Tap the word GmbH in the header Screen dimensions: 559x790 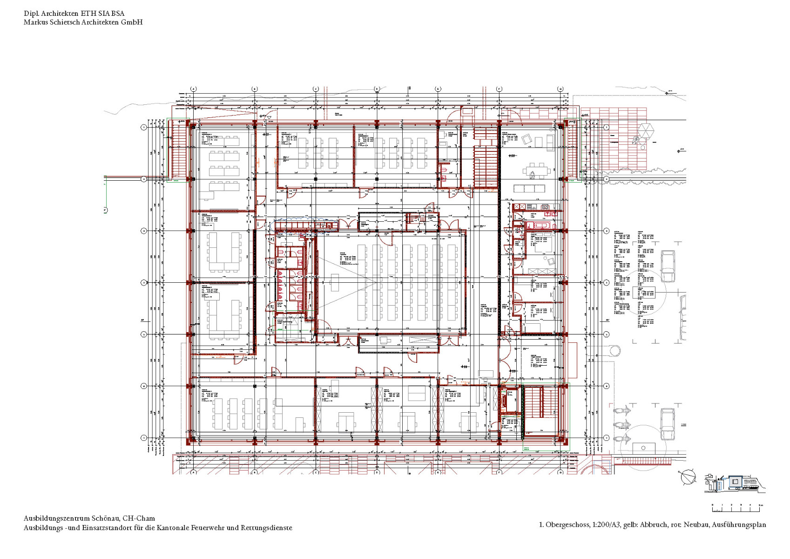132,22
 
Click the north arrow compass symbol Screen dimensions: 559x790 687,477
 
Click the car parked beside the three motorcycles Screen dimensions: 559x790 668,424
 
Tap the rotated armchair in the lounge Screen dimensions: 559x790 528,139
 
